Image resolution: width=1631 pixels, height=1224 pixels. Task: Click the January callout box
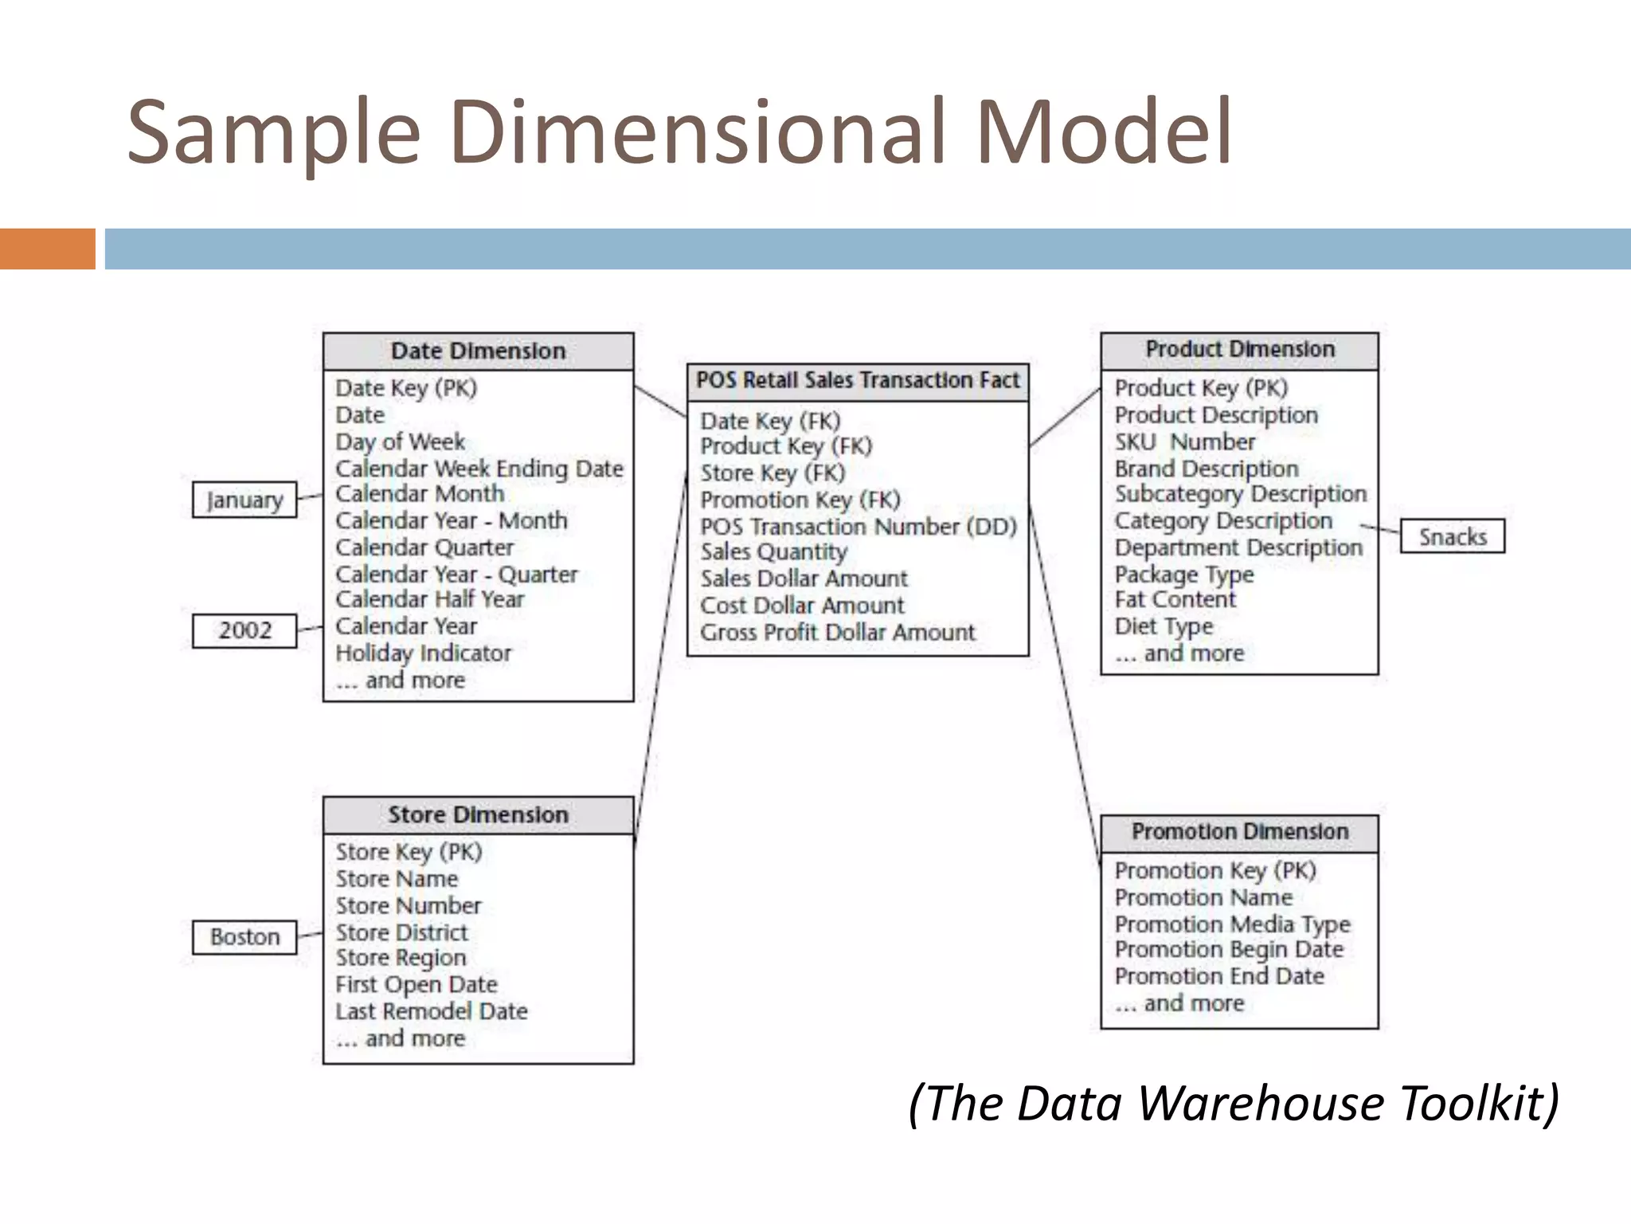tap(244, 500)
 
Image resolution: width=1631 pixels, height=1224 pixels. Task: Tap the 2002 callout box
tap(244, 630)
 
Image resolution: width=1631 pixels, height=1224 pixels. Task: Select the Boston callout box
tap(244, 936)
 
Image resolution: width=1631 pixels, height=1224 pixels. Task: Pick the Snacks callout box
tap(1453, 536)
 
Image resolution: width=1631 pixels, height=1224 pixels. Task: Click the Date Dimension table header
tap(478, 351)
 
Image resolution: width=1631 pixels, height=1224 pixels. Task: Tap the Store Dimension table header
tap(478, 815)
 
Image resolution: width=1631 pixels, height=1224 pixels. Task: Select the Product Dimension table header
tap(1239, 350)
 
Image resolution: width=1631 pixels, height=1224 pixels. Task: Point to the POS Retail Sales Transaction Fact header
tap(858, 381)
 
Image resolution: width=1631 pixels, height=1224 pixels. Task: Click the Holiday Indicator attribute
tap(423, 653)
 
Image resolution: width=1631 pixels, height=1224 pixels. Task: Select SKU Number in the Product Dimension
tap(1184, 442)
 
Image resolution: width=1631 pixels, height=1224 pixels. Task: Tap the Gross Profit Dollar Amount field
tap(837, 633)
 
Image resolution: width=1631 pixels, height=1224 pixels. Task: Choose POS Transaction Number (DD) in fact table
tap(858, 527)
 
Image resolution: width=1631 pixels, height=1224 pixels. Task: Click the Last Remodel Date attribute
tap(431, 1011)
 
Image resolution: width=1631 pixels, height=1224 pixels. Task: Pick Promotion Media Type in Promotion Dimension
tap(1232, 924)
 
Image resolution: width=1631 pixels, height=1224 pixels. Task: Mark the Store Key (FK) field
tap(772, 473)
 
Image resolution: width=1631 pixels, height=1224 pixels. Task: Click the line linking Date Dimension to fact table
tap(660, 401)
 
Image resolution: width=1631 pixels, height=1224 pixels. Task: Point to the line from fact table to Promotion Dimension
tap(1065, 685)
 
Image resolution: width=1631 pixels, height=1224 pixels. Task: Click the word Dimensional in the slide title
tap(698, 131)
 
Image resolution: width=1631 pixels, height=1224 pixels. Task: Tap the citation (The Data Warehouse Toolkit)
tap(1233, 1104)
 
